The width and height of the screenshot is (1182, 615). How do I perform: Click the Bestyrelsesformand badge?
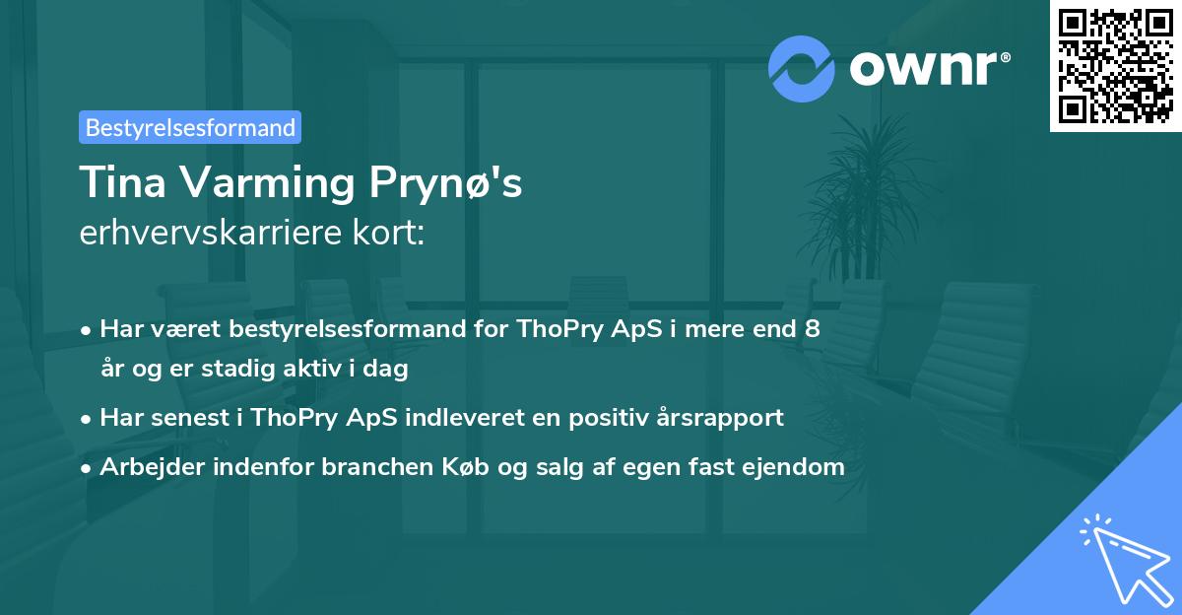pos(189,127)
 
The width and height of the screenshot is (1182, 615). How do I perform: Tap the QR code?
pos(1115,66)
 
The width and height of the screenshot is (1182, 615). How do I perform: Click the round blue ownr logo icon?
pos(803,67)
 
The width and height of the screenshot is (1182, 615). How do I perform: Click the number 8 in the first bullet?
pos(812,328)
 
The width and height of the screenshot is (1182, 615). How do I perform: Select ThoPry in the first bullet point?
pos(549,328)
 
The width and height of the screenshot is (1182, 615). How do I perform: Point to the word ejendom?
pos(799,466)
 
